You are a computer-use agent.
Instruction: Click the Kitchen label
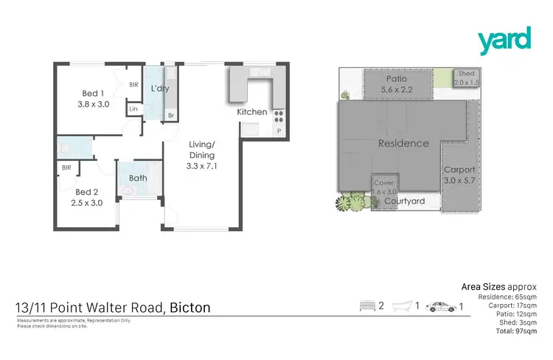click(x=252, y=112)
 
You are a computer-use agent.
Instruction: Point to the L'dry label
click(x=161, y=89)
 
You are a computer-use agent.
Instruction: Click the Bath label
click(x=138, y=178)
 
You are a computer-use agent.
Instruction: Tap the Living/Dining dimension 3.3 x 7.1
click(x=201, y=167)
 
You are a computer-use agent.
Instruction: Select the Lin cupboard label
click(x=133, y=109)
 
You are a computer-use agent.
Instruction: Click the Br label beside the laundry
click(x=171, y=117)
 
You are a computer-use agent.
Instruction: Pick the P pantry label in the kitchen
click(x=278, y=131)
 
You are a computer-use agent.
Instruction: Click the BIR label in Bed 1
click(x=133, y=86)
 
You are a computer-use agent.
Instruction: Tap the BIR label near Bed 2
click(x=66, y=168)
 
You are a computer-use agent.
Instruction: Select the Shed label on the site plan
click(x=466, y=74)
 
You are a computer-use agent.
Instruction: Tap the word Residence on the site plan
click(x=403, y=143)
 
